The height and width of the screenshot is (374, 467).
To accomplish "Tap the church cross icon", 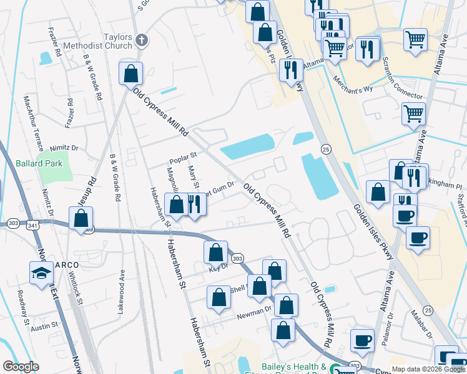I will (x=142, y=41).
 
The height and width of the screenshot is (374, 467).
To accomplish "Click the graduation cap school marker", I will (x=42, y=273).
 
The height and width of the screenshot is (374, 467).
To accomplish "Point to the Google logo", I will (x=21, y=367).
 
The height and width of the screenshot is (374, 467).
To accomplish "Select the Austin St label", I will (x=44, y=325).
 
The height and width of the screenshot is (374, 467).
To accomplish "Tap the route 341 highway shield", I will (x=32, y=224).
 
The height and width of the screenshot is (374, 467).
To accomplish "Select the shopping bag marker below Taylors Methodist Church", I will (x=130, y=74).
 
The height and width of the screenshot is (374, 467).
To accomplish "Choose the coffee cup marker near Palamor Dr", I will (x=361, y=340).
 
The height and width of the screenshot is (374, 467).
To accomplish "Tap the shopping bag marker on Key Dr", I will (x=216, y=252).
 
